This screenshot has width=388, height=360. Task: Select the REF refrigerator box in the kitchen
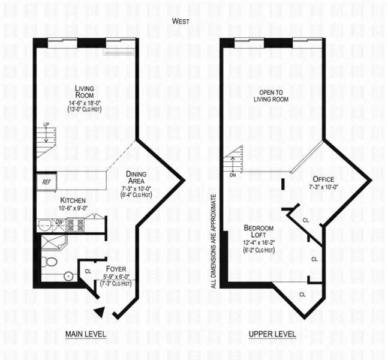tap(46, 181)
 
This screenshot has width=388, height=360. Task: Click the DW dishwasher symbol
tap(59, 221)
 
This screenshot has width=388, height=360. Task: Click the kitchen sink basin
tap(44, 226)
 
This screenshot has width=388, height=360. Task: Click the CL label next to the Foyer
tap(88, 271)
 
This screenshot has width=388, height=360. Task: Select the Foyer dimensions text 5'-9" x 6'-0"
tap(117, 276)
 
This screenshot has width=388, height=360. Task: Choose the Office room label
tap(323, 179)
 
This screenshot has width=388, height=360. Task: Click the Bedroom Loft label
tap(258, 232)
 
